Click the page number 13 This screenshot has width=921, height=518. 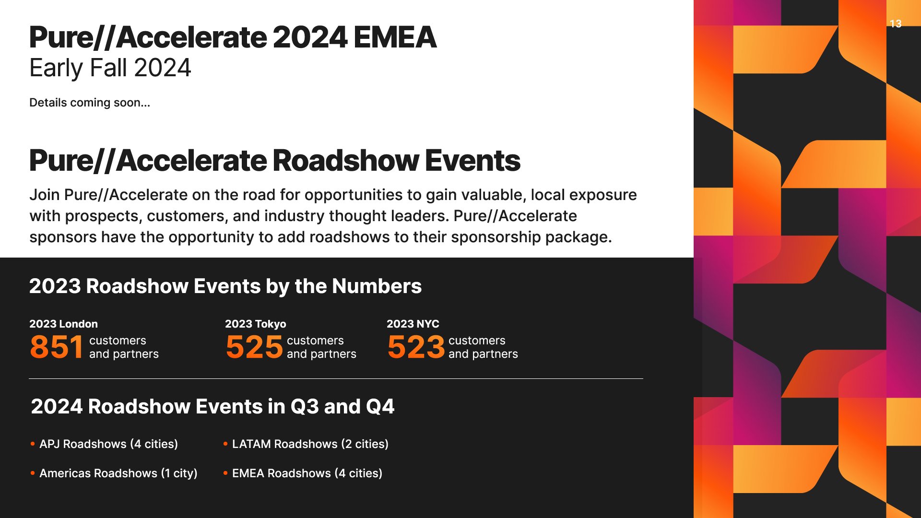[x=895, y=24]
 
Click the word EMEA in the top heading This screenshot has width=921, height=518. [x=395, y=38]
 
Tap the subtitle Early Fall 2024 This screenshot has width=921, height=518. [x=110, y=68]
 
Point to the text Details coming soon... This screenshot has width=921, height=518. [x=89, y=103]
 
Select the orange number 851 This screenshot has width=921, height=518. [x=57, y=347]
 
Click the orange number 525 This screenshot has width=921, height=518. [x=254, y=347]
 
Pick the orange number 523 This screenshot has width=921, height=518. [x=415, y=347]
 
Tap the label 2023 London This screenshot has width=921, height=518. [x=63, y=324]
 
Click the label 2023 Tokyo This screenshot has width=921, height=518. [x=255, y=324]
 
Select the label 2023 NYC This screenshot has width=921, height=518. [x=413, y=324]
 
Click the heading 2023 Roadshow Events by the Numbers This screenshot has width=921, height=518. [x=225, y=286]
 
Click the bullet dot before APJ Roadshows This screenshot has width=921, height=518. [x=33, y=444]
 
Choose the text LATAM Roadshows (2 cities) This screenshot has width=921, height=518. [x=310, y=444]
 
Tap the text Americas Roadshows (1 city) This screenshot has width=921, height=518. [x=118, y=473]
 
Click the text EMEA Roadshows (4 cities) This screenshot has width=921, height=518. [x=307, y=473]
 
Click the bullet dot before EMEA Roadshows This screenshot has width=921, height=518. [x=225, y=473]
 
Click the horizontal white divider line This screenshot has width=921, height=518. [x=336, y=378]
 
